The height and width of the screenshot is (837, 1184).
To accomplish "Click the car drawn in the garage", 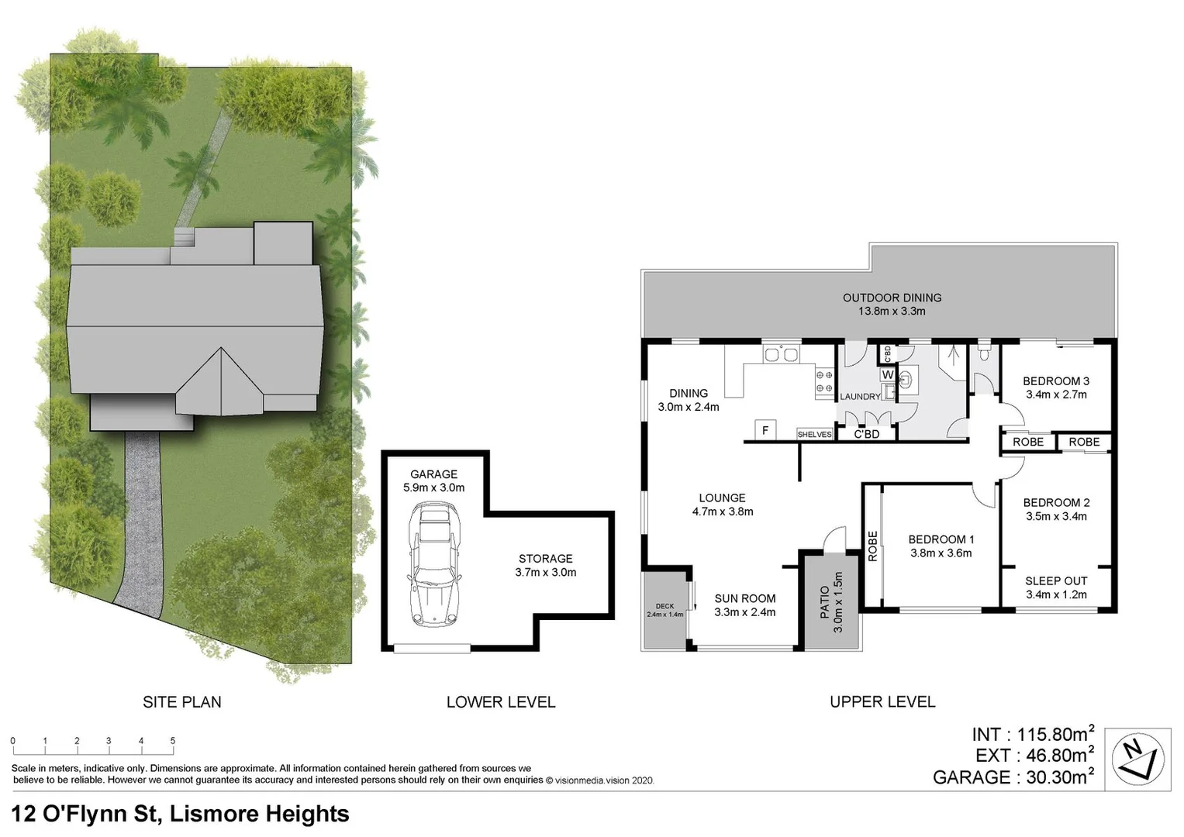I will coord(433,563).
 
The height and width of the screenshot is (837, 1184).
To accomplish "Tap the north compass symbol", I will coord(1137,759).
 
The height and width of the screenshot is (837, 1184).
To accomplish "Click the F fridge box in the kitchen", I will coord(765,430).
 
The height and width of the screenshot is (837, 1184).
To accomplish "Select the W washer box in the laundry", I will coord(888,375).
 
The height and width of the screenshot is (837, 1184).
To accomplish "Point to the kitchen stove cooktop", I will coord(824,381).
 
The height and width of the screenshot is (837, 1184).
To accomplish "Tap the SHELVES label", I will coord(814,435).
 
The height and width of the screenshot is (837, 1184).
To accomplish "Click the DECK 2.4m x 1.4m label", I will coord(664,610).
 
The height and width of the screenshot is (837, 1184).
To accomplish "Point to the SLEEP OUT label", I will coord(1056,581).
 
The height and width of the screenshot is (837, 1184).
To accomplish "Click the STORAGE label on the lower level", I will coord(546,559).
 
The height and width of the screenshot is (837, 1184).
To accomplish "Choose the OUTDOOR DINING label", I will coord(892,298).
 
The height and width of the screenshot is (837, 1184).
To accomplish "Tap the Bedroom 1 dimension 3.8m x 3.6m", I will coord(941,553).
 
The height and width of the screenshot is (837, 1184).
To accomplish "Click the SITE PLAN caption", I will coord(182,702).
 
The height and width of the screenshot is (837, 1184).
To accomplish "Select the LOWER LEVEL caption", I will coord(501,702).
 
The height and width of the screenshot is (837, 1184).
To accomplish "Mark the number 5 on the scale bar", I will coord(173,741).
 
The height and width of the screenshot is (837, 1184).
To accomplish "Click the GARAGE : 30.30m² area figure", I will coord(1013,777).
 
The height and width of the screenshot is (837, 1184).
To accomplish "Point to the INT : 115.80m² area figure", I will coord(1032,734).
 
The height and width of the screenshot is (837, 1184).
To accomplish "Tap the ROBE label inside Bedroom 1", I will coord(872,546).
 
